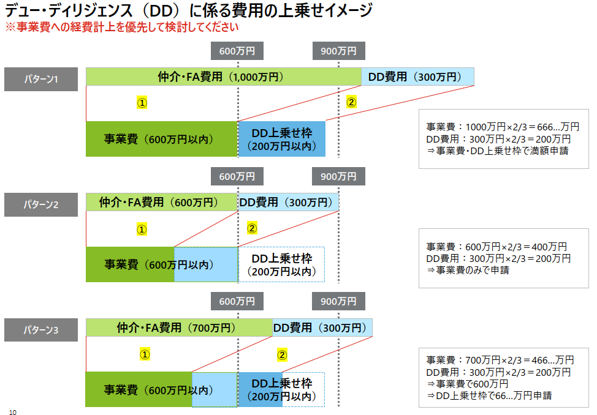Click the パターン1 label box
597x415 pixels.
[41, 79]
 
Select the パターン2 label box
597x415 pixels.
[41, 204]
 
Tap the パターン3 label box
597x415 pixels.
[41, 330]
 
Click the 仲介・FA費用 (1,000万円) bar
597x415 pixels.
[224, 77]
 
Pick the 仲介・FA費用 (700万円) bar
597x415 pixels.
[180, 327]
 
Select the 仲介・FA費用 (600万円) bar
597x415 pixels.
[162, 202]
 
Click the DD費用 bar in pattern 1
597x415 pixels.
[417, 77]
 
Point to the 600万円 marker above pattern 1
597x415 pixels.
[237, 51]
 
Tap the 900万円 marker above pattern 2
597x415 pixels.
[338, 176]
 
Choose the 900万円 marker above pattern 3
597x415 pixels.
[338, 301]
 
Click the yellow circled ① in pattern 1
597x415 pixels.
[142, 103]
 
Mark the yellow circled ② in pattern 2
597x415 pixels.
[252, 228]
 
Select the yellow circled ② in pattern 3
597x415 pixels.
[282, 355]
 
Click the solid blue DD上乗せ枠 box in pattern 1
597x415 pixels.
[282, 139]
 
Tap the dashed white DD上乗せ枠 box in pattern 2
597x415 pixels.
[282, 265]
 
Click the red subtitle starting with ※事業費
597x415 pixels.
[122, 27]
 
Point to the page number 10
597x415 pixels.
[12, 412]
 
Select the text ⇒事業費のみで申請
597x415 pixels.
[468, 270]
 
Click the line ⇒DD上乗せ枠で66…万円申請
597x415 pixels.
[489, 395]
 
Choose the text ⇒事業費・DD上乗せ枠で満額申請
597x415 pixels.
[498, 151]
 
